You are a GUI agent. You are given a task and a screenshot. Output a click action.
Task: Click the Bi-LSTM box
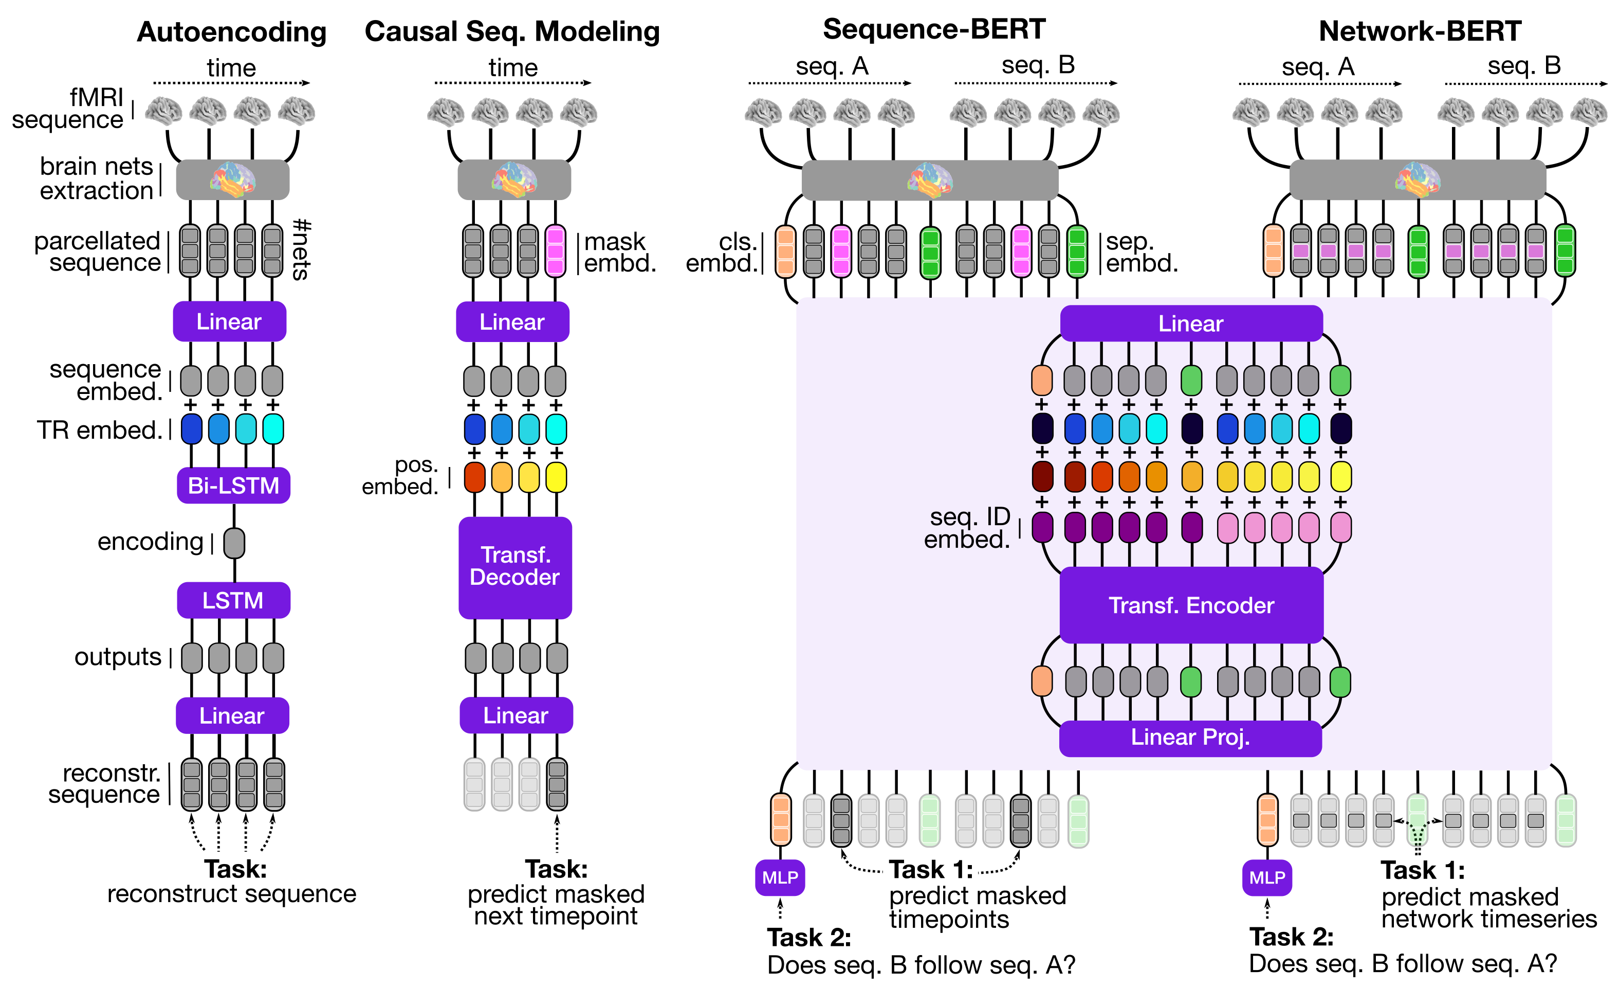click(233, 485)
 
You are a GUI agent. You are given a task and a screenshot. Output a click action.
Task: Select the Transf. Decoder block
click(515, 567)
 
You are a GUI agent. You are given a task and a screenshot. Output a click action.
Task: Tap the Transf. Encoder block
click(1191, 605)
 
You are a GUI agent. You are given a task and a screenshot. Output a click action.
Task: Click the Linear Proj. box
click(1190, 738)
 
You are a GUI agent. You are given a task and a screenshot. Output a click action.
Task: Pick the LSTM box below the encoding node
click(233, 600)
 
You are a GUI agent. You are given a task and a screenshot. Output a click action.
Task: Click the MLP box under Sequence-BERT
click(780, 877)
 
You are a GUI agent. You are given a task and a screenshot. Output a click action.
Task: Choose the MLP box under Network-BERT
click(1267, 877)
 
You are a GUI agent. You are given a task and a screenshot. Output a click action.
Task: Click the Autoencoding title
click(231, 31)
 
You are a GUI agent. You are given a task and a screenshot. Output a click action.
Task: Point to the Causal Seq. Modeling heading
click(512, 31)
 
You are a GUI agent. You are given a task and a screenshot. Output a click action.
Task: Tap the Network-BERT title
click(1420, 31)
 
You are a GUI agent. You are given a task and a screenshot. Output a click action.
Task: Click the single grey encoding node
click(234, 543)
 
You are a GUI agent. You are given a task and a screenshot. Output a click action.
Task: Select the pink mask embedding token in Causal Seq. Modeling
click(555, 250)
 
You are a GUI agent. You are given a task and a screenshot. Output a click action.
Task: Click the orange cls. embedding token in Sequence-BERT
click(785, 250)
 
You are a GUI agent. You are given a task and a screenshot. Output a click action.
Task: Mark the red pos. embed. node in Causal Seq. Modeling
click(474, 477)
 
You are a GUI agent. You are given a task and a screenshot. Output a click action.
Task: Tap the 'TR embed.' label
click(99, 430)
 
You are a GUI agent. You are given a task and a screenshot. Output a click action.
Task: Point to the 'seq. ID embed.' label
click(967, 528)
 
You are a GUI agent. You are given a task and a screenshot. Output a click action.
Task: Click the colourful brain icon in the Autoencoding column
click(233, 179)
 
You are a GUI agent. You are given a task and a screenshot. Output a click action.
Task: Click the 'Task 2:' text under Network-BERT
click(1291, 937)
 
